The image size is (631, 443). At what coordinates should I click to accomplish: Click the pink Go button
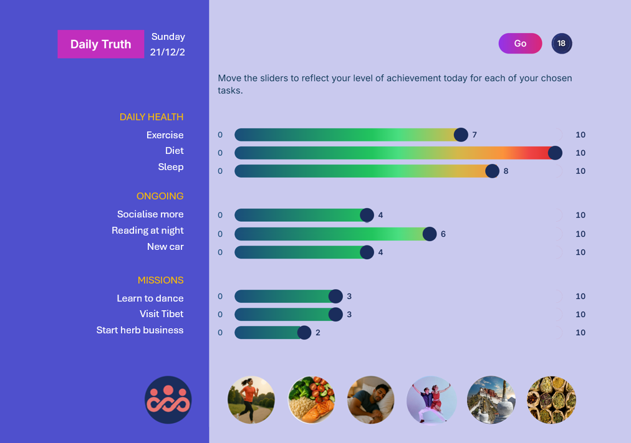pos(520,44)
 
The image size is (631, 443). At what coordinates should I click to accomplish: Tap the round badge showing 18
pos(561,44)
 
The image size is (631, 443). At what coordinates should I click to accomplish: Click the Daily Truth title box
pos(100,44)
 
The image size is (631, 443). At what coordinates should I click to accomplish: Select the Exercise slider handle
pos(461,135)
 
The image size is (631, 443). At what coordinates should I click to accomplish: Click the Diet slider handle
pos(555,153)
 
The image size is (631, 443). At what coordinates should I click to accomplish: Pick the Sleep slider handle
pos(492,171)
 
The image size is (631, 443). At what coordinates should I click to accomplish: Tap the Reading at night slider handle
pos(430,234)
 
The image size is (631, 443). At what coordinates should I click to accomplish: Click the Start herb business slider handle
pos(304,333)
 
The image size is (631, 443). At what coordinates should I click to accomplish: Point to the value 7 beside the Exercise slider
pos(474,135)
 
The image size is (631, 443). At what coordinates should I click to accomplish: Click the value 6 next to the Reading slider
pos(443,234)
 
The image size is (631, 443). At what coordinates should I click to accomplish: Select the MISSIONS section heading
pos(161,280)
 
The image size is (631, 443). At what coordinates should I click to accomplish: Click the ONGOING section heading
pos(160,196)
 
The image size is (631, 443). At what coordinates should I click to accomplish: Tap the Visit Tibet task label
pos(161,314)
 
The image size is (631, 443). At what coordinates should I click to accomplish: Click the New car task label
pos(165,247)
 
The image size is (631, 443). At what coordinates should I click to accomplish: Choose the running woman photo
pos(251,400)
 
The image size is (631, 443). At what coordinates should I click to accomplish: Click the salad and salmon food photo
pos(311,400)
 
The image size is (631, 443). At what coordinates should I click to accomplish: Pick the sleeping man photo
pos(370,400)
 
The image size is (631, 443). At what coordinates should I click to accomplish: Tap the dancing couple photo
pos(431,400)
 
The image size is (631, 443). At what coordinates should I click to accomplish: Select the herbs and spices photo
pos(552,400)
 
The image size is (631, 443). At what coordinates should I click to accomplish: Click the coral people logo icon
pos(168,400)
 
